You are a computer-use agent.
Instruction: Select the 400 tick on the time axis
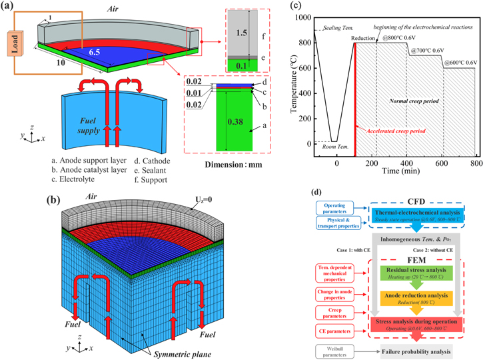point(406,164)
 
